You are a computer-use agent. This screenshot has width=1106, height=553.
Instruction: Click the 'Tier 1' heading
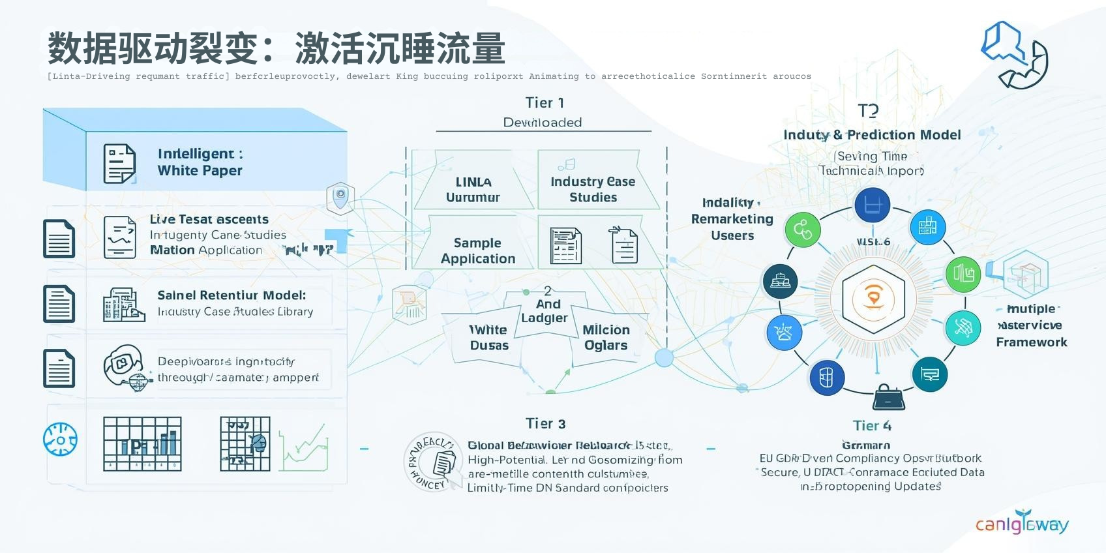[x=545, y=103]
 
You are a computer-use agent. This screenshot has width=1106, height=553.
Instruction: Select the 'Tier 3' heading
[x=545, y=424]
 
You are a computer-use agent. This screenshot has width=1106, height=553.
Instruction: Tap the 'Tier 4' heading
[x=872, y=426]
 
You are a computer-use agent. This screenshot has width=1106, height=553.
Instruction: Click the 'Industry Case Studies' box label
[x=592, y=189]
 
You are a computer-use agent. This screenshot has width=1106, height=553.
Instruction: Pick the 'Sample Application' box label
[x=477, y=251]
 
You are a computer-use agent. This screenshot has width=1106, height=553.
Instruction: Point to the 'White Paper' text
[x=200, y=171]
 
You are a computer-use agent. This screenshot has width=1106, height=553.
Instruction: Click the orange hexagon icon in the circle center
[x=873, y=299]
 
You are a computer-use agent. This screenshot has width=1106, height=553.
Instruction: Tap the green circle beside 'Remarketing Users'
[x=802, y=230]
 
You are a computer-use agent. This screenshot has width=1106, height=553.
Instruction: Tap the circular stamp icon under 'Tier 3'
[x=431, y=462]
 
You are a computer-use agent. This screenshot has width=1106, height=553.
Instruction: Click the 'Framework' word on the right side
[x=1031, y=342]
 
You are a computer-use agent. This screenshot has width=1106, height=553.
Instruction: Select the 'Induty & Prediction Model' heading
[x=872, y=135]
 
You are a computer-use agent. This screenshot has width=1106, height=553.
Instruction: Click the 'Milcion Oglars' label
[x=605, y=338]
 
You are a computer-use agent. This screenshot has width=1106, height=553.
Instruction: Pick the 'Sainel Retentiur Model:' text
[x=232, y=295]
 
